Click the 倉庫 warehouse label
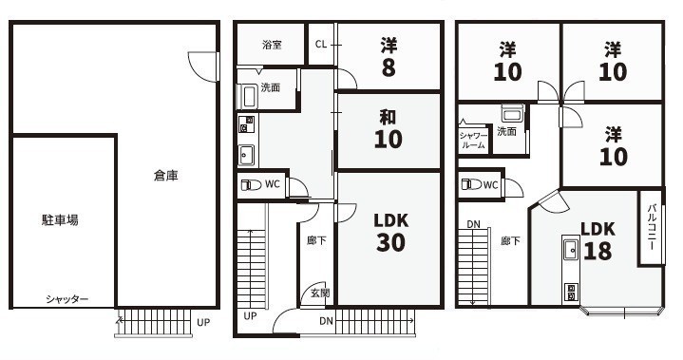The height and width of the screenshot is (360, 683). [166, 176]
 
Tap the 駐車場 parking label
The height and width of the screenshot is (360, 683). [60, 219]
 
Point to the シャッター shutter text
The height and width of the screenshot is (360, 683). [67, 299]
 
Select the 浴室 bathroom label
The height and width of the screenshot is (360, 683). [272, 45]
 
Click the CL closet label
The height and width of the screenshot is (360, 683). [321, 44]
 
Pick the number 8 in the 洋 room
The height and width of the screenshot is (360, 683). [389, 67]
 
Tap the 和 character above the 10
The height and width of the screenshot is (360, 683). [388, 117]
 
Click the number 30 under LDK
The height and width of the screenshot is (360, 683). [390, 242]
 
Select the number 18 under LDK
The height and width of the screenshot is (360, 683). [598, 251]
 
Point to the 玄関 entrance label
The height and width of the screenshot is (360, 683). [320, 293]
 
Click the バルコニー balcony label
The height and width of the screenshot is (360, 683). [652, 226]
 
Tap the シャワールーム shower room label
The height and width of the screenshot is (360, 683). [473, 141]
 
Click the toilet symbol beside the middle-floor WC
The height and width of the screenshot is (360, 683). [252, 184]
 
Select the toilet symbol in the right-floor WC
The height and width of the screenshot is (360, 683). [471, 184]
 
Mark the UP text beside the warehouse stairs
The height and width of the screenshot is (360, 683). [203, 323]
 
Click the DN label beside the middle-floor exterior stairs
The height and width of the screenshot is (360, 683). [326, 321]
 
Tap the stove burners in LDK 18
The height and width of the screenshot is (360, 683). [570, 293]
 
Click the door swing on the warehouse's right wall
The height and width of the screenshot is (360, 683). [202, 66]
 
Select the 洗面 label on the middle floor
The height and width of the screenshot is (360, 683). [270, 87]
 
